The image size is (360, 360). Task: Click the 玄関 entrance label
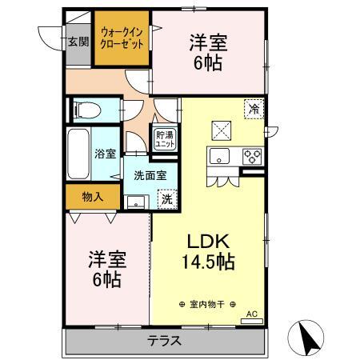tap(78, 42)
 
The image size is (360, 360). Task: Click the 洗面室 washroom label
tap(149, 175)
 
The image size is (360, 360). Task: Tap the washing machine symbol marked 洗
tap(166, 199)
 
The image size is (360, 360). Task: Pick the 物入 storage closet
tap(94, 196)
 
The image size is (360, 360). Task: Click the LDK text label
tap(209, 240)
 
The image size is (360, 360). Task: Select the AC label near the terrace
tap(252, 314)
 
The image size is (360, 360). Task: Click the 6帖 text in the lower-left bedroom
tap(106, 280)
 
